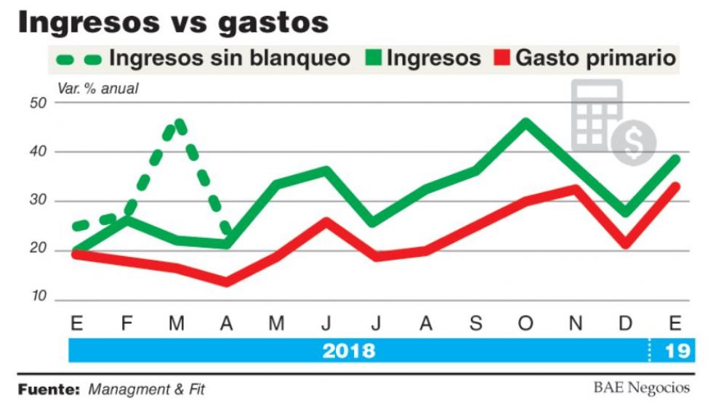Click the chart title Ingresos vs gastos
point(173,22)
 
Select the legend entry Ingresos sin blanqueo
point(229,58)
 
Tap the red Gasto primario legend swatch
point(502,58)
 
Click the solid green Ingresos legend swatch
point(372,58)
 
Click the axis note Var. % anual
point(97,89)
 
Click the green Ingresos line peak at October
point(525,123)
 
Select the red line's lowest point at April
point(227,281)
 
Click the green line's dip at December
point(625,212)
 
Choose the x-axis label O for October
point(525,324)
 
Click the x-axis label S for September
point(476,324)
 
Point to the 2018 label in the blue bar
point(349,351)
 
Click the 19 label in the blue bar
point(677,351)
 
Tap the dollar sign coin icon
point(633,142)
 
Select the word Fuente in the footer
point(48,388)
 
